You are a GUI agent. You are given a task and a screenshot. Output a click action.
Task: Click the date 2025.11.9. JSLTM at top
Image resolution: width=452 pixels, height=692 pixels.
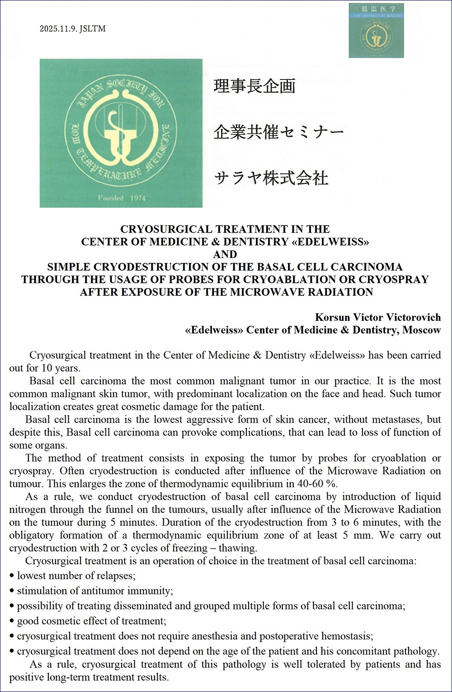coord(72,29)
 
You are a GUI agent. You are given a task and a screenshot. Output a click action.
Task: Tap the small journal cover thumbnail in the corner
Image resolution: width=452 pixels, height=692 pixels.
coord(376,30)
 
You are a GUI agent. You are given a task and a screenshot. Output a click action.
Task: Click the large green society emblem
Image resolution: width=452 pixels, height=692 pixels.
coord(121,133)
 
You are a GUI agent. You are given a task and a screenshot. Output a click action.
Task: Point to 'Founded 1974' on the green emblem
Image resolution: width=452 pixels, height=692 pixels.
coord(122,198)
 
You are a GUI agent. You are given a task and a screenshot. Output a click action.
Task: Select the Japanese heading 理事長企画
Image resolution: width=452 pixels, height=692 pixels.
coord(254,86)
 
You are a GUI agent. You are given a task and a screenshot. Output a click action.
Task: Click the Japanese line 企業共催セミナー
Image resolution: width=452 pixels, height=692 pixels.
coord(278,132)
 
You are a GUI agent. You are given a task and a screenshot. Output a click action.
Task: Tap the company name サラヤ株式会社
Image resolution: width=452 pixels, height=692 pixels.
coord(271,178)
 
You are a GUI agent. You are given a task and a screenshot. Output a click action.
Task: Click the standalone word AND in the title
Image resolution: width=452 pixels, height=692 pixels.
coord(225,254)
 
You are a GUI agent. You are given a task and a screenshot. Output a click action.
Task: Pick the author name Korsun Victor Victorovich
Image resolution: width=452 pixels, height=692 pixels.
coord(377,317)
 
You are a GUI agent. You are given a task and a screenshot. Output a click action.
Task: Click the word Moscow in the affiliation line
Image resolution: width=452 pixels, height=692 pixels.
coord(421,330)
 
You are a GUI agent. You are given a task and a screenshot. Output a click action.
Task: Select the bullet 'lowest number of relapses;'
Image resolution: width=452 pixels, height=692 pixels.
coord(76,576)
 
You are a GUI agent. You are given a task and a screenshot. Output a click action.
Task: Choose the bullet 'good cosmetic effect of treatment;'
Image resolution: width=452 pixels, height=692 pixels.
coord(91,621)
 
